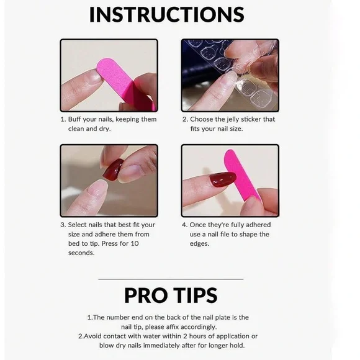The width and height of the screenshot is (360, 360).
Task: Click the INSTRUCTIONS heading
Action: (166, 15)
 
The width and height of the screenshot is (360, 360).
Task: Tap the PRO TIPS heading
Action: (171, 295)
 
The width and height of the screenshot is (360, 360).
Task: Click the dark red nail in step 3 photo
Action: (113, 169)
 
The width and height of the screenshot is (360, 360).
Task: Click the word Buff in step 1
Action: (76, 119)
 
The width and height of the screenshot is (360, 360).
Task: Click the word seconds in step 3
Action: (81, 253)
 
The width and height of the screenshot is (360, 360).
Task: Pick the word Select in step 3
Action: (79, 225)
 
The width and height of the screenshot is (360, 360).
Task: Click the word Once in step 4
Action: (200, 225)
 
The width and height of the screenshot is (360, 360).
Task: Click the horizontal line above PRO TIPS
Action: (171, 279)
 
